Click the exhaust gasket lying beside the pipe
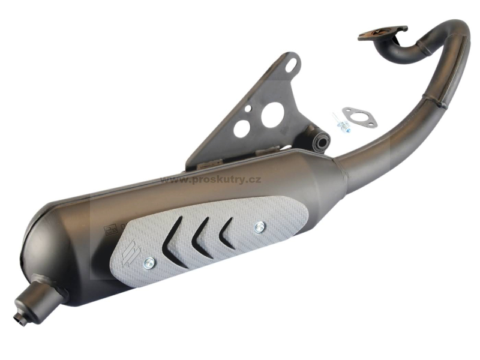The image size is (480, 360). [x=359, y=117]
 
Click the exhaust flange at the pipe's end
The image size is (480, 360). [x=383, y=33]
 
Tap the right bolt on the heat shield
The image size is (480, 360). [x=260, y=226]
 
